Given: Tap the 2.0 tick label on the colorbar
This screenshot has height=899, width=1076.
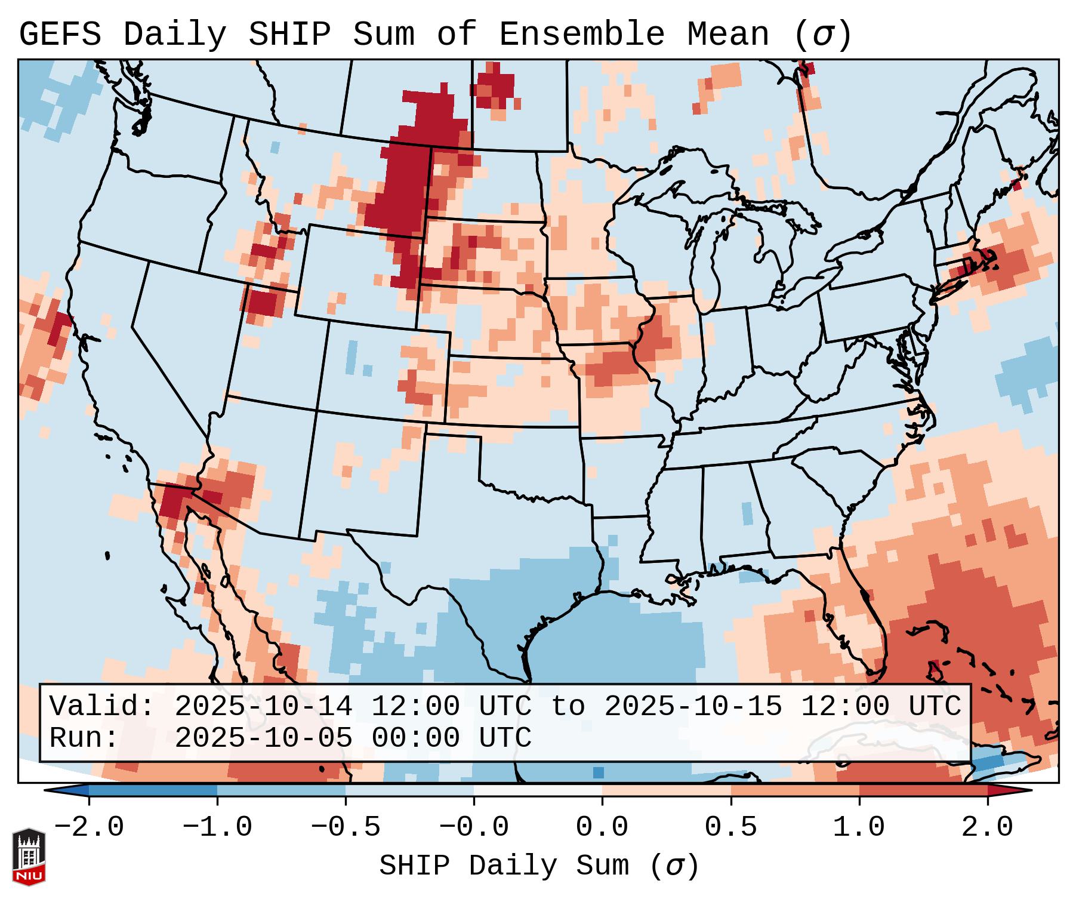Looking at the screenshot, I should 987,827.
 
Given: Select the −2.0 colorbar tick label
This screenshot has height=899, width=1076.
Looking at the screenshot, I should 89,827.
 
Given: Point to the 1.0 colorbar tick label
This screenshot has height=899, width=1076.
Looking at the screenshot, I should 859,827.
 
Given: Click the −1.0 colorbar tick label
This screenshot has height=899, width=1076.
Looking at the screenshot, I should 217,827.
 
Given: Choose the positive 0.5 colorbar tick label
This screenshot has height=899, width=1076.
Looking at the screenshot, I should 730,827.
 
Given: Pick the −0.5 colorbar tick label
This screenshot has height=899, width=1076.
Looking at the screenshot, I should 346,827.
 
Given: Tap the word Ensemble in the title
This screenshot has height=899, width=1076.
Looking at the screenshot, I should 581,35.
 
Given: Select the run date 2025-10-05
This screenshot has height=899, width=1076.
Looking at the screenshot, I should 263,738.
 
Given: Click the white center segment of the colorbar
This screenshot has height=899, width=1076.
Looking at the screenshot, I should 538,790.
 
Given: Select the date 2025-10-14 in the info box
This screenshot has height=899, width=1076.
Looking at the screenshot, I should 263,706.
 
